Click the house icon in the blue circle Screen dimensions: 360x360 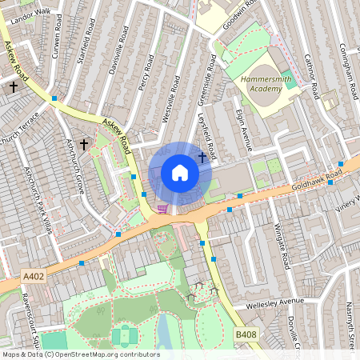[180, 173]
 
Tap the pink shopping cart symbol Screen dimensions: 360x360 [163, 209]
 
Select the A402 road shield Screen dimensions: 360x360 [34, 277]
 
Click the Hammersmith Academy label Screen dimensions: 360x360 [260, 85]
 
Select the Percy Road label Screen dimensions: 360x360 [145, 73]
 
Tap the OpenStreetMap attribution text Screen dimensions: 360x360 [80, 354]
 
